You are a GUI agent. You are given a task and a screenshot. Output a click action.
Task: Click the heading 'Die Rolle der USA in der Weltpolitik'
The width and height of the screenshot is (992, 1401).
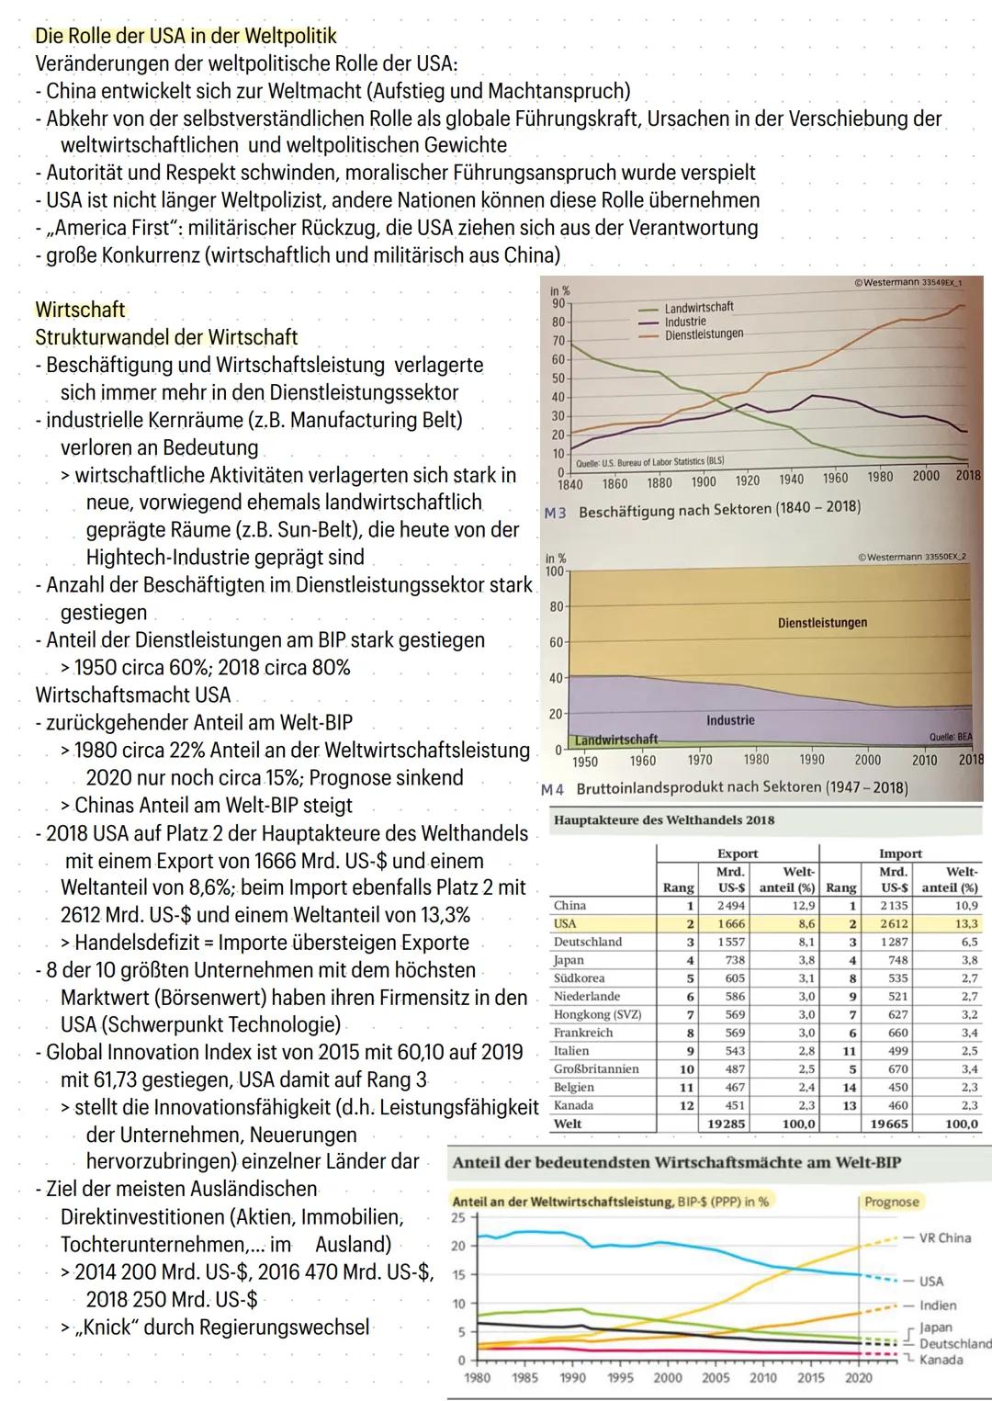(186, 37)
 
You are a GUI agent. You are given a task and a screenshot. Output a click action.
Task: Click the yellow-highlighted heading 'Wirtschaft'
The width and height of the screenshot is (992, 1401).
(80, 310)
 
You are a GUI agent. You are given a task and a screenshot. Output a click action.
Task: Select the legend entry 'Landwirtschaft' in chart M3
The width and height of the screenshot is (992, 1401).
(698, 307)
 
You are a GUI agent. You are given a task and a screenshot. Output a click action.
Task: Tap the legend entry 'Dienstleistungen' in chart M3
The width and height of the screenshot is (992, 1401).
(703, 333)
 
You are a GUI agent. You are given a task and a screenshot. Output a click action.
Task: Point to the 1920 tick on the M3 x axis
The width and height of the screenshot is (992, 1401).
(747, 481)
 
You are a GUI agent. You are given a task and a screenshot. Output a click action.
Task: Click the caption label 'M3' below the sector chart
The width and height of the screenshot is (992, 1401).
(555, 513)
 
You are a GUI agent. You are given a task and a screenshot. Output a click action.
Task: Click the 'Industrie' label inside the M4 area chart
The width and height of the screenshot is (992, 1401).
(730, 720)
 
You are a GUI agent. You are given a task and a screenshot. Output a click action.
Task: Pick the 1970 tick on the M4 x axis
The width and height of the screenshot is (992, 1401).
(700, 761)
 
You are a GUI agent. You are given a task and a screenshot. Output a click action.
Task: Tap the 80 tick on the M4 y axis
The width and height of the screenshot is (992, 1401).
(557, 607)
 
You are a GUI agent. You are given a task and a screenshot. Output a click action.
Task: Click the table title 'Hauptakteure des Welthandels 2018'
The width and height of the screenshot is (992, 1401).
(664, 820)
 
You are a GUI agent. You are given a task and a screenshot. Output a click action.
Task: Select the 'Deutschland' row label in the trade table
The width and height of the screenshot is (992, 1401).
(588, 942)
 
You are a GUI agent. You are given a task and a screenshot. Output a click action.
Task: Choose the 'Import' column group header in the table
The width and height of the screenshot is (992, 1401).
(899, 853)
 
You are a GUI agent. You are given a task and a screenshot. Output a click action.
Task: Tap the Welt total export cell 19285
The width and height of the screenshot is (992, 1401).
(727, 1124)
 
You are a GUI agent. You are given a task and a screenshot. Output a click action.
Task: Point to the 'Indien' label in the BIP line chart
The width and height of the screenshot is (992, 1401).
(937, 1305)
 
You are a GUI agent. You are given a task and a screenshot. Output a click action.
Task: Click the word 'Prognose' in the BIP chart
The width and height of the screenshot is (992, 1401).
(891, 1202)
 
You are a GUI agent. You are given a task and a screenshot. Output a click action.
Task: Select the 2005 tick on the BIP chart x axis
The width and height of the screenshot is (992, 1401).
(716, 1377)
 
